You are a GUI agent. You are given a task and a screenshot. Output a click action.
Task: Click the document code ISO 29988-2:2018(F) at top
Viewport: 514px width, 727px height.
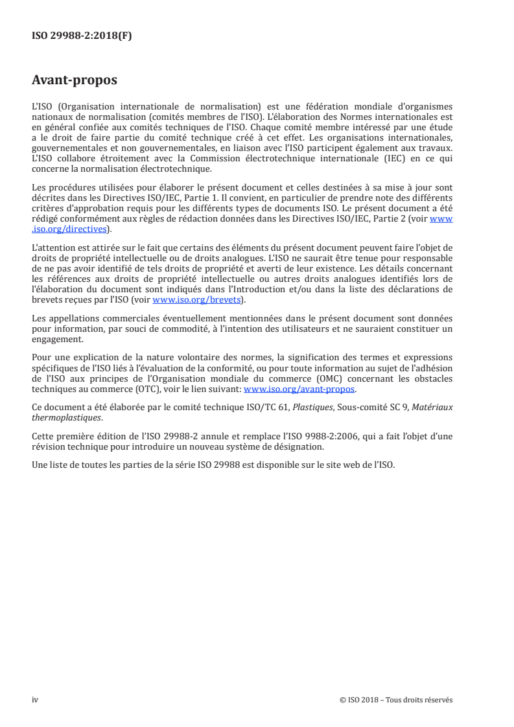coord(82,36)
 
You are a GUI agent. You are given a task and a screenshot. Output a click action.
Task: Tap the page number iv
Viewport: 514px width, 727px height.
coord(35,700)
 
